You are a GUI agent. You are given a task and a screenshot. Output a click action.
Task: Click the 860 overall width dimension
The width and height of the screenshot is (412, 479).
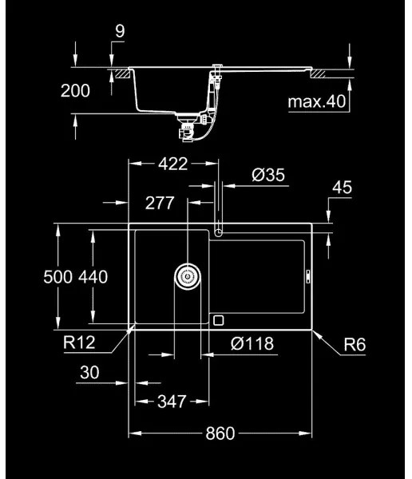(220, 433)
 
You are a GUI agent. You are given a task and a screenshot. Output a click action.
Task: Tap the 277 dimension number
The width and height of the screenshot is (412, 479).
(159, 203)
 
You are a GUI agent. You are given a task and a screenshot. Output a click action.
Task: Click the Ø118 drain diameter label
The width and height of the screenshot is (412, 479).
(252, 344)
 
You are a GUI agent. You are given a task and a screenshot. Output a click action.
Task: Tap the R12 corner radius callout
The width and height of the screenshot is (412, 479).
(81, 344)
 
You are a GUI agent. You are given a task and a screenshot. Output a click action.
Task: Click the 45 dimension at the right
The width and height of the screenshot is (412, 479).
(342, 188)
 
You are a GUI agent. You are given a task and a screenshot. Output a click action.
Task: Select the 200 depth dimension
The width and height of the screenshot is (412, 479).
(75, 90)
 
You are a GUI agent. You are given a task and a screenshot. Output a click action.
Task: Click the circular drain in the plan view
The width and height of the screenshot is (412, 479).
(188, 277)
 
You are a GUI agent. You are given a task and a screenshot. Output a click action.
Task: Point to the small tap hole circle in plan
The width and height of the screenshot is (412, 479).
(219, 232)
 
